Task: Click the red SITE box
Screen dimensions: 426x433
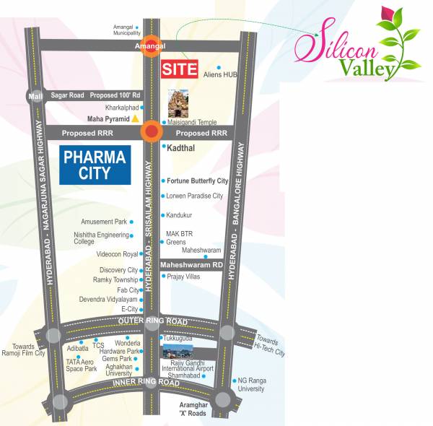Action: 178,69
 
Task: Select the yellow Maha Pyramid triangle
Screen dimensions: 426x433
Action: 135,118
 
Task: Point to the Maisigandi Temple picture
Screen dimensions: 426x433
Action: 178,104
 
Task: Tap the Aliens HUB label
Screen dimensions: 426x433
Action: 220,75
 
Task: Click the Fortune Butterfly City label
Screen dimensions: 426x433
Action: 197,181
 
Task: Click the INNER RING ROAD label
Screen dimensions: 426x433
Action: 146,382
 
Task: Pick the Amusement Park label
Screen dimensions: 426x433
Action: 104,222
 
